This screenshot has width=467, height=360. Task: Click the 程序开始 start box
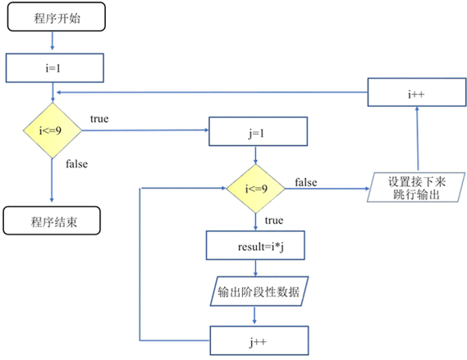(x=55, y=19)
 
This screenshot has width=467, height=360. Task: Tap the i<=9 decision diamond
(x=52, y=130)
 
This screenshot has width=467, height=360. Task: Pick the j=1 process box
(x=258, y=130)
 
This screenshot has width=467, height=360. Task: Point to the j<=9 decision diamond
(x=255, y=189)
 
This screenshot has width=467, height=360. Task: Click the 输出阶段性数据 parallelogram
(x=258, y=291)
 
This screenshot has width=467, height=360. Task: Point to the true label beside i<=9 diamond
(x=98, y=120)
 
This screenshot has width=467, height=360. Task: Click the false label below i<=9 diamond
(x=76, y=164)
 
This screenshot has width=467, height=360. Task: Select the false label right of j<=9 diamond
(x=306, y=181)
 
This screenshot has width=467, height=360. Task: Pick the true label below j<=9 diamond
(x=275, y=221)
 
